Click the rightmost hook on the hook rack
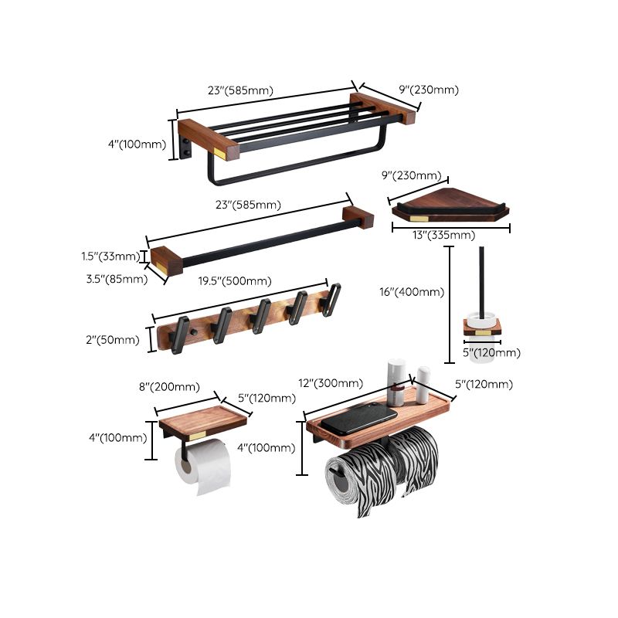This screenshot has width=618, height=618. pos(332,299)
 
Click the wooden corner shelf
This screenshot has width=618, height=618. pos(450,207)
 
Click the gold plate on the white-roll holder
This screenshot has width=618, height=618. pos(199,436)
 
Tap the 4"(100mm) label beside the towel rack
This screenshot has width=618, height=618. pos(138,144)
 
